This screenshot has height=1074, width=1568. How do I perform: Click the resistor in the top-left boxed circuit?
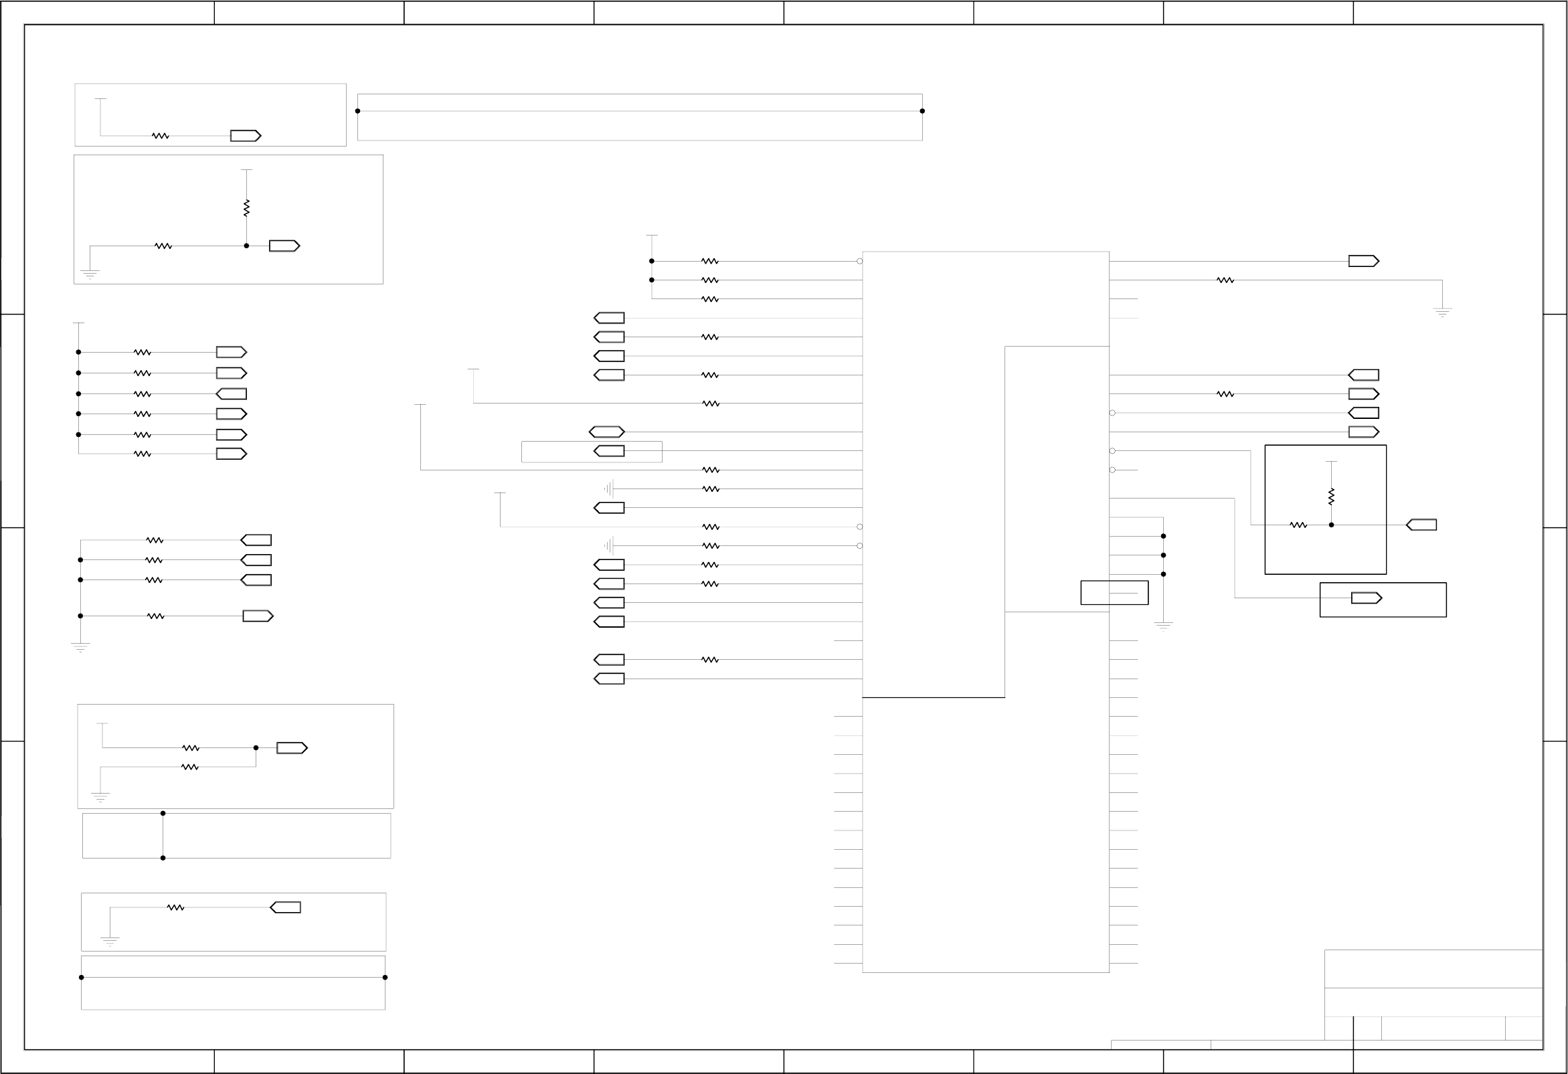click(x=160, y=136)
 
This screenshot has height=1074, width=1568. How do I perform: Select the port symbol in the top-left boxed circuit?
click(x=246, y=136)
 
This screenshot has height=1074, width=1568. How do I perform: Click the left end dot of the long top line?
click(x=357, y=110)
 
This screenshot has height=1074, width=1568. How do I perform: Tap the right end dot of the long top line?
click(x=922, y=110)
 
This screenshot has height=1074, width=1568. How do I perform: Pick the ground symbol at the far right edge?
click(x=1442, y=312)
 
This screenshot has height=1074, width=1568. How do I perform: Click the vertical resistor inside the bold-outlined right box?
click(x=1331, y=497)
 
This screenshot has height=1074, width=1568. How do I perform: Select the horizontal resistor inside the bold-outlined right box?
click(x=1298, y=525)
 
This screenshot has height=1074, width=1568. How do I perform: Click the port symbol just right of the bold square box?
click(x=1421, y=525)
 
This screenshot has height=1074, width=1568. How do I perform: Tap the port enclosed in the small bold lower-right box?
click(x=1367, y=598)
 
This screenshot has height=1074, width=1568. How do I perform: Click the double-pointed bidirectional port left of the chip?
click(x=606, y=432)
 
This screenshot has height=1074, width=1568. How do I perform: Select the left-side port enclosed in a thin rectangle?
click(x=609, y=450)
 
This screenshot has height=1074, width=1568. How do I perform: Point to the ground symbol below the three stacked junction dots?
click(x=1163, y=626)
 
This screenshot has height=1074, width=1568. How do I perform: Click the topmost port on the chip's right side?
click(x=1364, y=261)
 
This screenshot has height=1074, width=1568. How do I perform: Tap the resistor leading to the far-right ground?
click(x=1225, y=280)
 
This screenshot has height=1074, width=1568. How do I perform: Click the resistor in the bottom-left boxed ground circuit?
click(x=175, y=907)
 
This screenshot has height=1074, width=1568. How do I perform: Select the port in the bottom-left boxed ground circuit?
click(x=285, y=907)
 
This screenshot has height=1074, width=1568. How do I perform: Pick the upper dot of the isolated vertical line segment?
click(x=163, y=813)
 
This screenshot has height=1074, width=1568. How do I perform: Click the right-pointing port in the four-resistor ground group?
click(x=258, y=616)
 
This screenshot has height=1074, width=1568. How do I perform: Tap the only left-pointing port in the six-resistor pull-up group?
click(x=232, y=394)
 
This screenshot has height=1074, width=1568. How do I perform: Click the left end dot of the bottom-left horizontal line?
click(x=82, y=977)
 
